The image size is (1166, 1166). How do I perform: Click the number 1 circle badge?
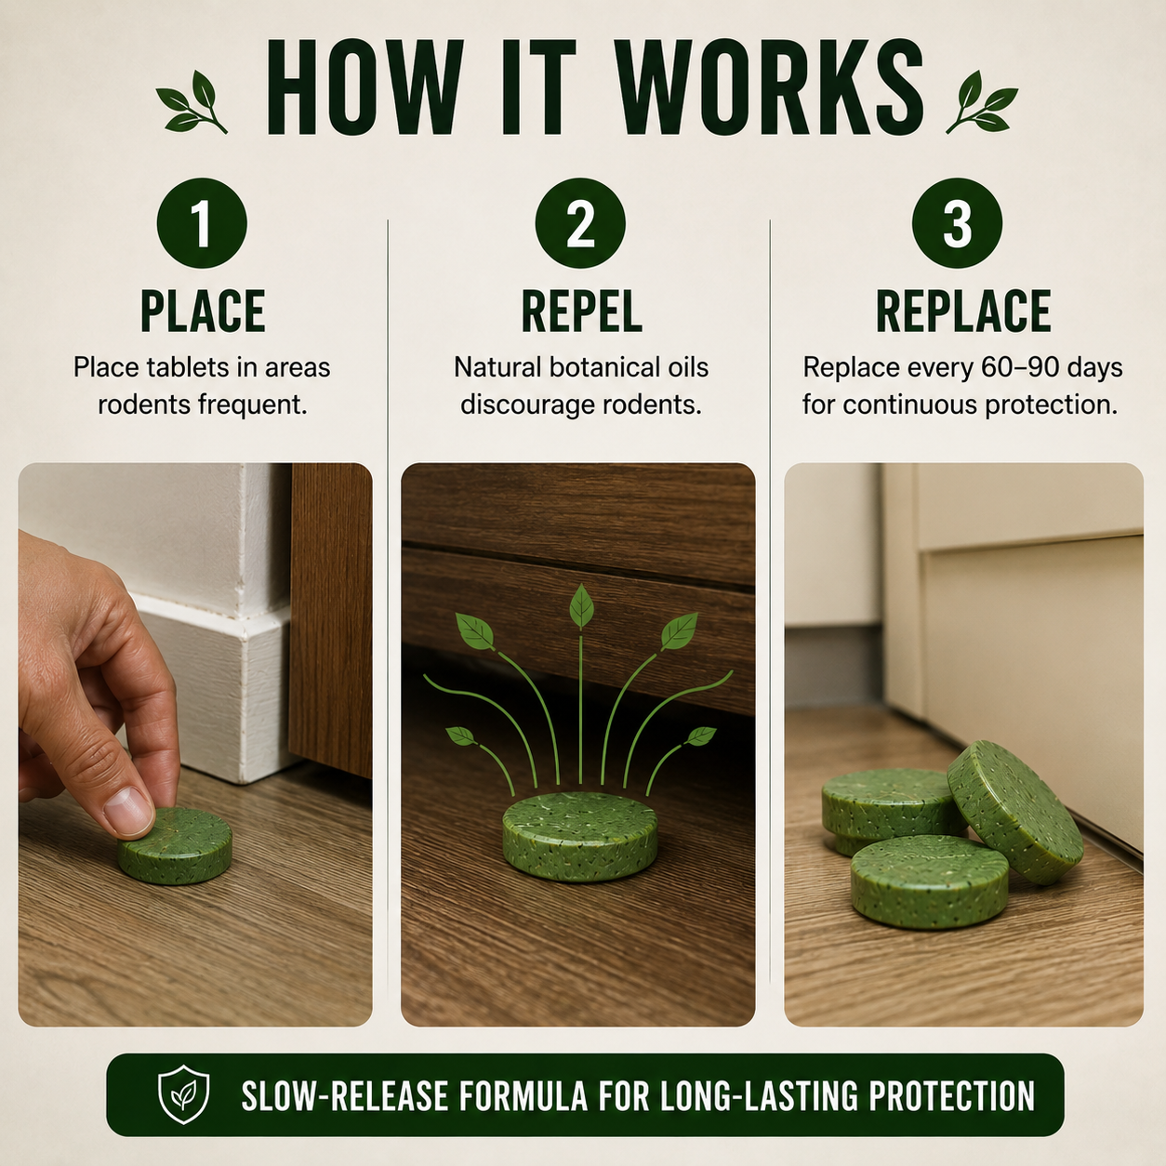tap(202, 222)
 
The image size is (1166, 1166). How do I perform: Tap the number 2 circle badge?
tap(580, 222)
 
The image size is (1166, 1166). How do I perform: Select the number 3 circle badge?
tap(957, 222)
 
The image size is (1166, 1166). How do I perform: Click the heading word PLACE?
tap(203, 311)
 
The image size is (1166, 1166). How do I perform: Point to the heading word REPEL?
tap(581, 311)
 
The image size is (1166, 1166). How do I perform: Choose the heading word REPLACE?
tap(963, 311)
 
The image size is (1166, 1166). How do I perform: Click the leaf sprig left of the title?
tap(192, 101)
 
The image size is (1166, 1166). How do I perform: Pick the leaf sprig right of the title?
tap(982, 101)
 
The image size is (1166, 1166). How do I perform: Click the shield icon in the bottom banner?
tap(183, 1095)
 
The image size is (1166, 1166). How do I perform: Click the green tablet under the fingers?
tap(175, 845)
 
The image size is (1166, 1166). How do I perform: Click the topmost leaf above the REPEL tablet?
tap(581, 606)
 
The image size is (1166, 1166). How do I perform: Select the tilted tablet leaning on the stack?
tap(1014, 812)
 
